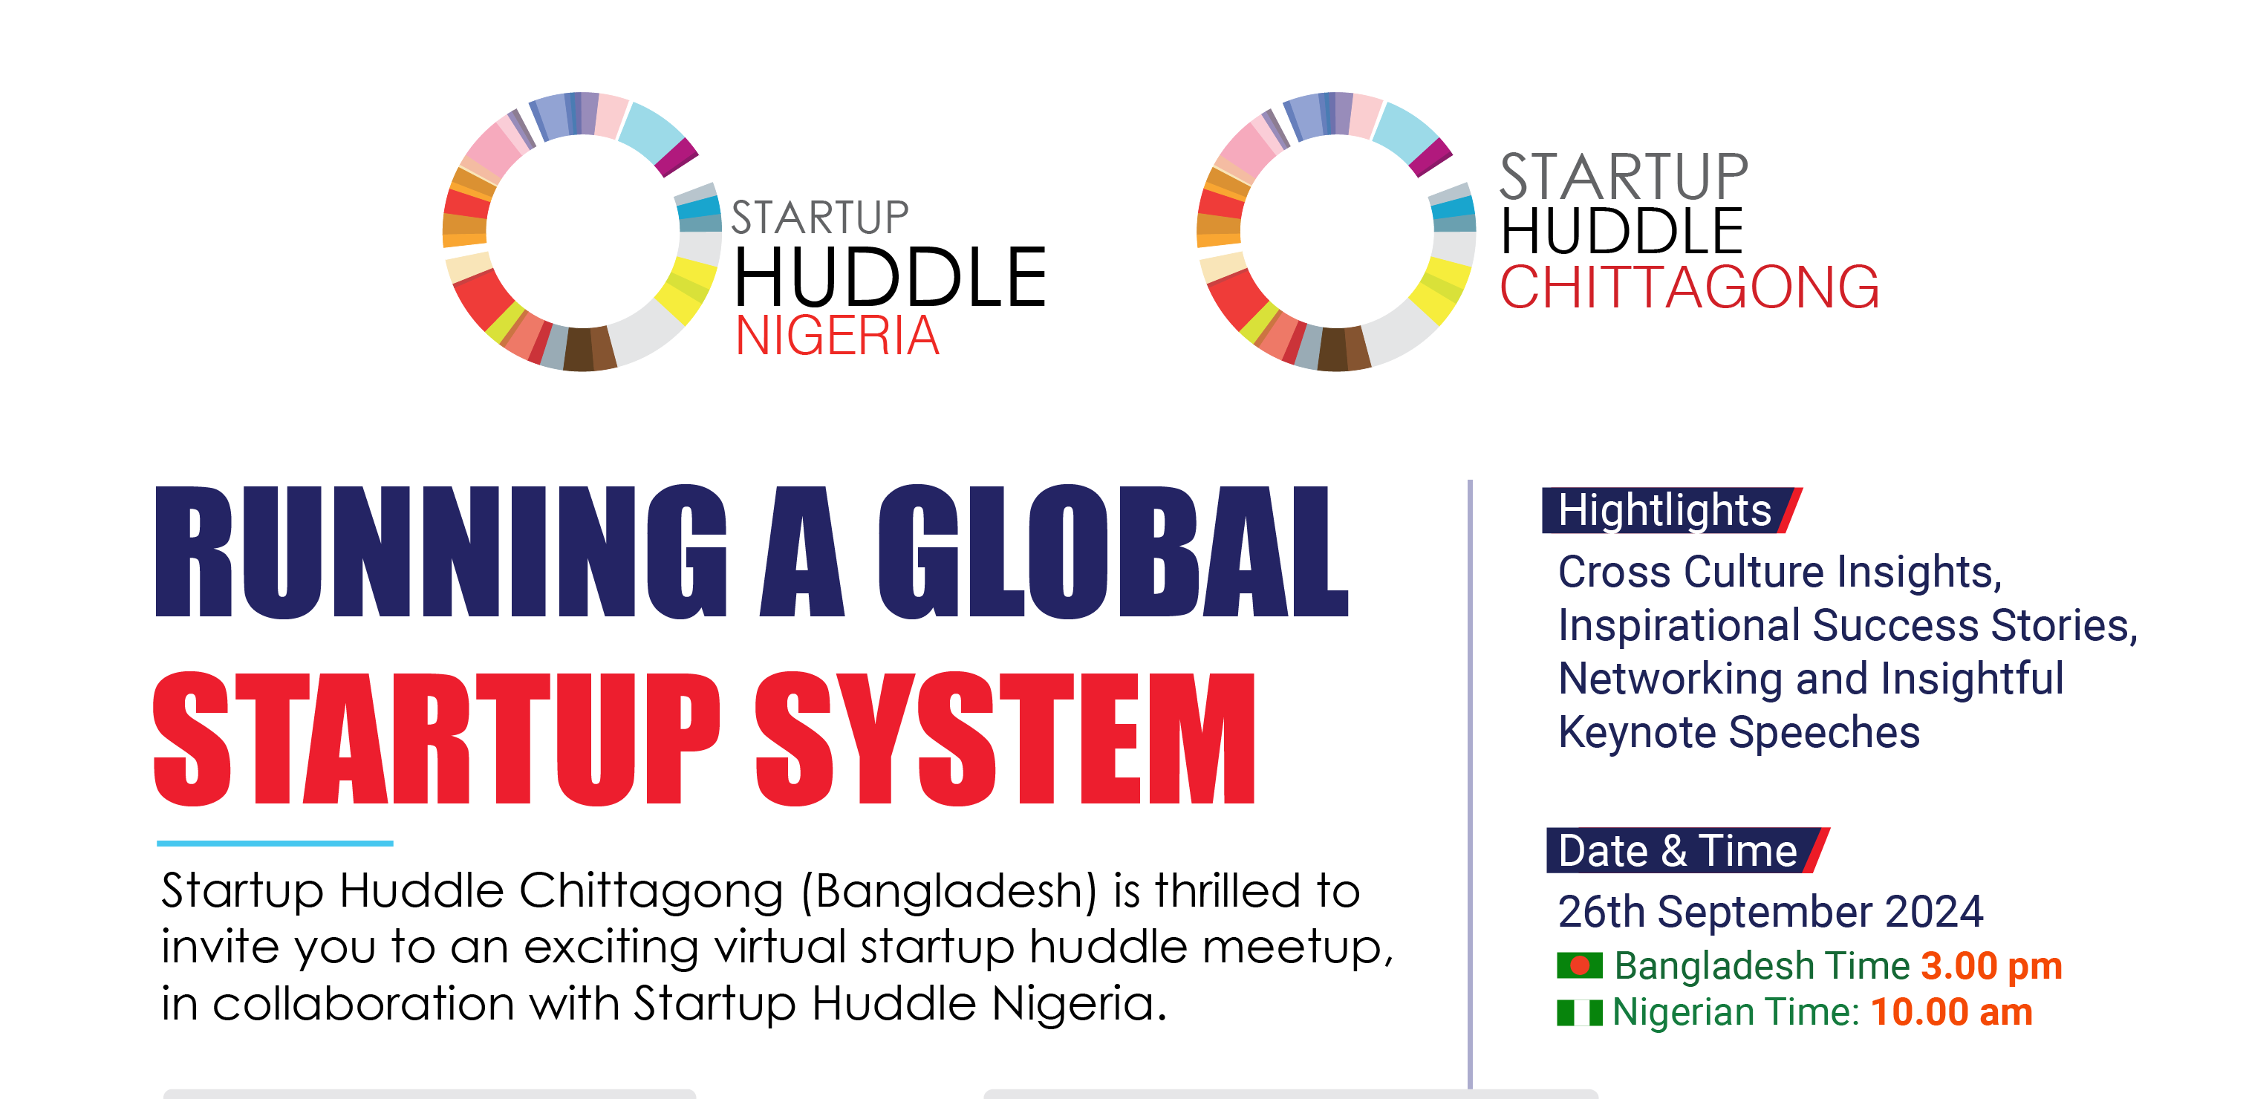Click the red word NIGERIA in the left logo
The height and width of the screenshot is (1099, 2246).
point(837,336)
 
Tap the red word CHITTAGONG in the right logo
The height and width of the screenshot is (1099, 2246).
point(1689,287)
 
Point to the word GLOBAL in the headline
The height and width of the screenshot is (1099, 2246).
point(1113,551)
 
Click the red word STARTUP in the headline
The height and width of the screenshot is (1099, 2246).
point(437,738)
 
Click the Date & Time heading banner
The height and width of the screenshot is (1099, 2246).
point(1687,849)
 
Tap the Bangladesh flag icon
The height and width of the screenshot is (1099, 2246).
point(1580,965)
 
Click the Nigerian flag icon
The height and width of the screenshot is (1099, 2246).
point(1580,1013)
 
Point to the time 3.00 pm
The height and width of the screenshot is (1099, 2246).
point(1991,965)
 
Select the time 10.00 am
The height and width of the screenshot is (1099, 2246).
point(1951,1012)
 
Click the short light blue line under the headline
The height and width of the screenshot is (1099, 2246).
point(275,843)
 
